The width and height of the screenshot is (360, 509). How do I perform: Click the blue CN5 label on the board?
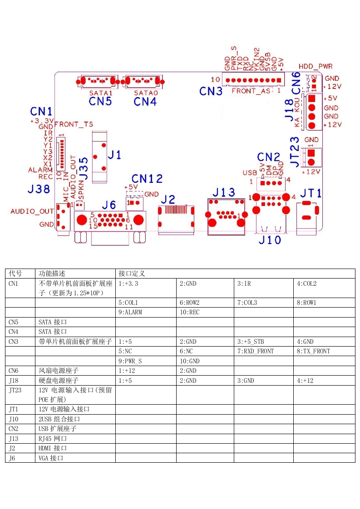coord(100,101)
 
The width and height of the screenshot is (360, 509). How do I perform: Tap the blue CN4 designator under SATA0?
coord(145,101)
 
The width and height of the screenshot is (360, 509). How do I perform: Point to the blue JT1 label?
coord(311,193)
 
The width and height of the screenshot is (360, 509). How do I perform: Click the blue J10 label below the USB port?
coord(270,240)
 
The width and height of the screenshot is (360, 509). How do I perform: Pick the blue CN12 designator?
coord(147,178)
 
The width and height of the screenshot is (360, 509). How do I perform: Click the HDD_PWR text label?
coord(316,66)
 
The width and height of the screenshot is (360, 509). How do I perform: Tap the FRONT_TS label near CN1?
coord(74,124)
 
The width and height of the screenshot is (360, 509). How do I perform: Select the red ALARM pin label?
coord(40,170)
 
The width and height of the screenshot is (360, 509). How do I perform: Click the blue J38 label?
coord(39,189)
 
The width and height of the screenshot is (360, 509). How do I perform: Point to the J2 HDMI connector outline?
coord(176,220)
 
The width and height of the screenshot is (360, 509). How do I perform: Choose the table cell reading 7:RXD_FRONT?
coord(256,351)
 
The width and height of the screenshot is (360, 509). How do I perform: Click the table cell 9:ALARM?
coord(130,312)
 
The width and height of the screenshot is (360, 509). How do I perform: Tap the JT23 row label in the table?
coord(15,390)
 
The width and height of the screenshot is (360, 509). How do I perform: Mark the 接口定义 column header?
coord(132,274)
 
